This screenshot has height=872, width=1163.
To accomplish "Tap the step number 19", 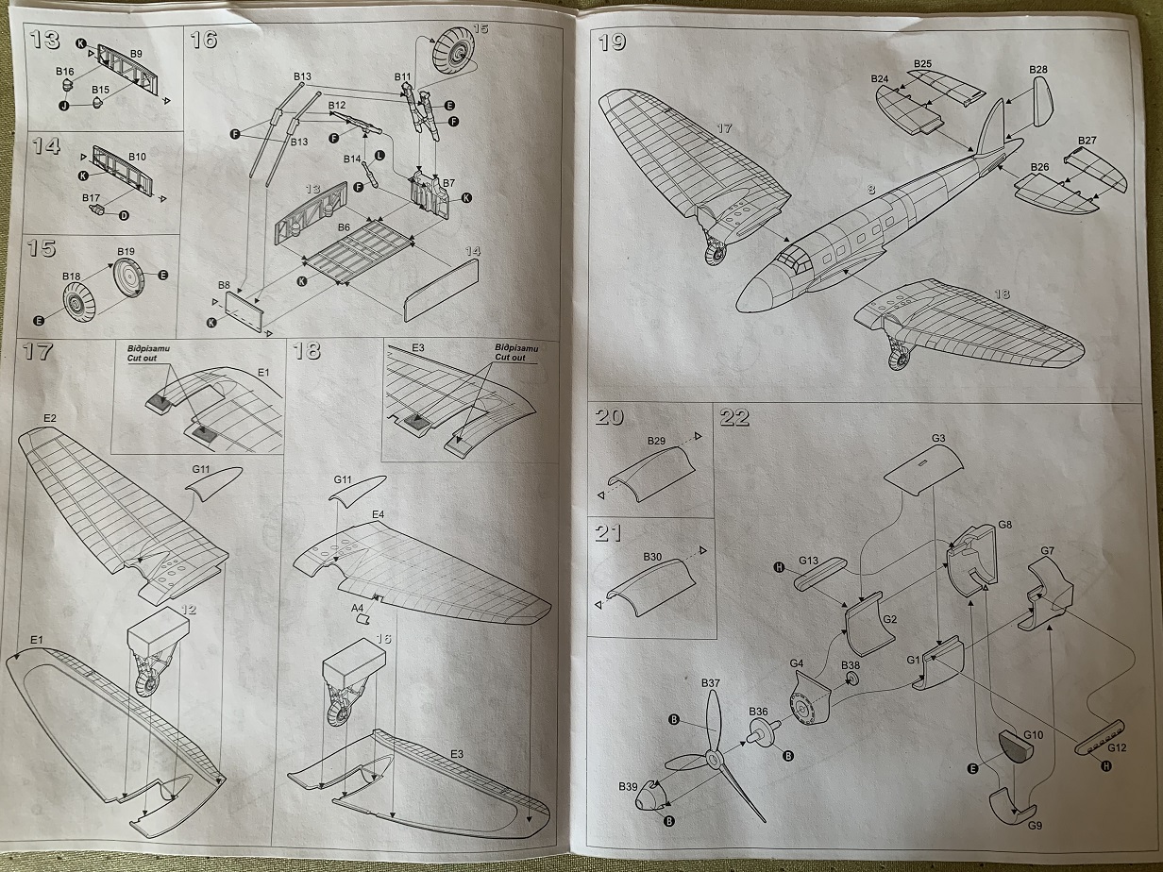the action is [613, 42].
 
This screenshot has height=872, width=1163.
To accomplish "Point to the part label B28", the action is [1038, 70].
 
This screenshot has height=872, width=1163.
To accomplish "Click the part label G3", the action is [938, 439].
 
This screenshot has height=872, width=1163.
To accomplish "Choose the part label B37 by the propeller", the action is [710, 683].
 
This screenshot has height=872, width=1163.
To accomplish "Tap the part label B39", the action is [628, 786].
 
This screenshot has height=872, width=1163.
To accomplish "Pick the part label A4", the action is [357, 608].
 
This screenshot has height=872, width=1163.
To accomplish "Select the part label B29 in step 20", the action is [657, 442].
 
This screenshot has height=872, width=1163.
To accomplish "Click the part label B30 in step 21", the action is [653, 558].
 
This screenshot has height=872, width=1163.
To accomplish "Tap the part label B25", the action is [922, 64].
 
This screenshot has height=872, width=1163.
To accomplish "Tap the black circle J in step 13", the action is [66, 106].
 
